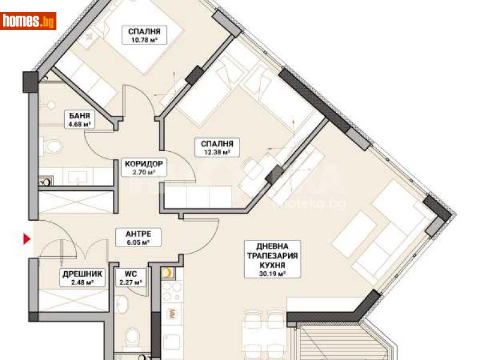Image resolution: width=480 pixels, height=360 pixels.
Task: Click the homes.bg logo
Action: [28, 21]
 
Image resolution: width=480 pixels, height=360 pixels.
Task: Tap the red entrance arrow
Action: [26, 240]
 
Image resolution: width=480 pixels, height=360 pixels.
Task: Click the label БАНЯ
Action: [76, 118]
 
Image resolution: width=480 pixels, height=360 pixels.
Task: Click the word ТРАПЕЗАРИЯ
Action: [268, 254]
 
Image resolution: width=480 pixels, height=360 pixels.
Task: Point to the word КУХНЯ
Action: [268, 263]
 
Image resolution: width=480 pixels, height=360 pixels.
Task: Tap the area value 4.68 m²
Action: [76, 126]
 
